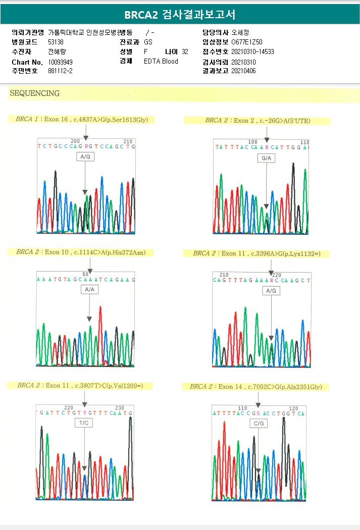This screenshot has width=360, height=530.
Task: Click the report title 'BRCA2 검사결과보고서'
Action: click(180, 15)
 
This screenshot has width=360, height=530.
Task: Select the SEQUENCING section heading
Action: click(34, 93)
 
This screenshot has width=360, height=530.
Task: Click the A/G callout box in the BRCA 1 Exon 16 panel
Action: click(85, 157)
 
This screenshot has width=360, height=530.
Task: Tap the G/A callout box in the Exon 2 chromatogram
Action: click(266, 158)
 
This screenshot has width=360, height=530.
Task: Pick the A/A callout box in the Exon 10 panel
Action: click(89, 290)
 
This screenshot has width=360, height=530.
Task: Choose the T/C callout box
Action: click(84, 423)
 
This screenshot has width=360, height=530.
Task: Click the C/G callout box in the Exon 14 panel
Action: click(259, 423)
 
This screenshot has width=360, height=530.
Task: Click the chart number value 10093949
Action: click(60, 62)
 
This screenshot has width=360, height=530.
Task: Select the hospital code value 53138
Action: click(56, 42)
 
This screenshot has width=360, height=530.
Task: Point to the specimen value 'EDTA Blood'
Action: click(161, 62)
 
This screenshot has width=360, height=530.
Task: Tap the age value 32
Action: click(185, 51)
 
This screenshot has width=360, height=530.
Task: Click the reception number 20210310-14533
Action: click(252, 51)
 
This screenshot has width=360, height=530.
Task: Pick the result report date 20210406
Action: click(243, 71)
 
